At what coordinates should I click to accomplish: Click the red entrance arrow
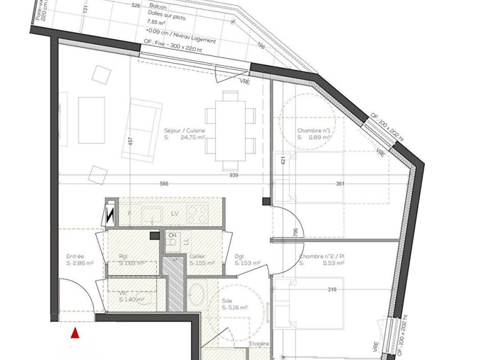pos(75,333)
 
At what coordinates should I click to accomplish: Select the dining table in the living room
pos(230,131)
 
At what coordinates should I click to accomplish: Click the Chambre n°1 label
pos(314,131)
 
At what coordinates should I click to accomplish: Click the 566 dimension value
pos(164,184)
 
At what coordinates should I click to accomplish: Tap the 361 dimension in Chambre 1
pos(340,184)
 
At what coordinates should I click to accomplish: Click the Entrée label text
pos(75,256)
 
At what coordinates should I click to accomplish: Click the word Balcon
pos(158,7)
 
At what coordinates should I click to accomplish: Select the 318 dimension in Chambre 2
pos(332,290)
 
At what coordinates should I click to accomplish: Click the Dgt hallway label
pos(239,256)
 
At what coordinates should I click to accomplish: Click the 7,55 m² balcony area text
pos(156,22)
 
